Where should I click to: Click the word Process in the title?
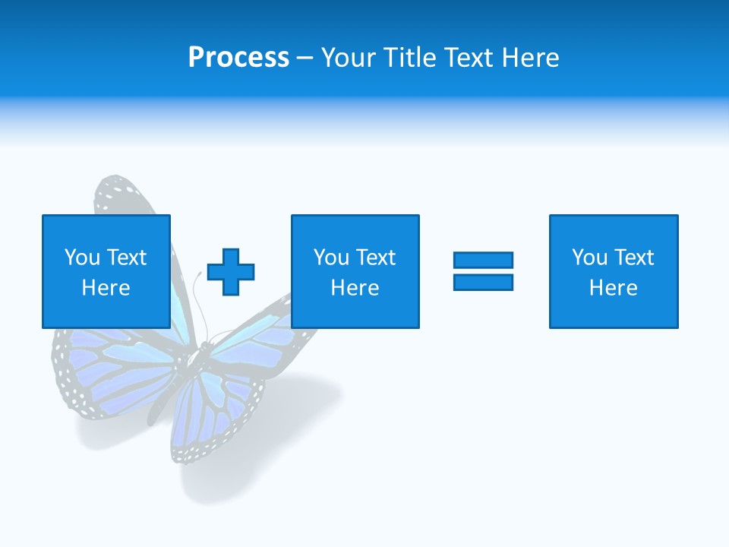[238, 58]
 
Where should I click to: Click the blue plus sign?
[231, 272]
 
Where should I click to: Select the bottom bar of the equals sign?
[483, 282]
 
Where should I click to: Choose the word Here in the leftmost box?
[106, 288]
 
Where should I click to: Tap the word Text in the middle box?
[377, 258]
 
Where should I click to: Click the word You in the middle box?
[331, 258]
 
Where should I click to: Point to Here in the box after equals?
[613, 288]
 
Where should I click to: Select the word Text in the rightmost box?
[635, 258]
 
